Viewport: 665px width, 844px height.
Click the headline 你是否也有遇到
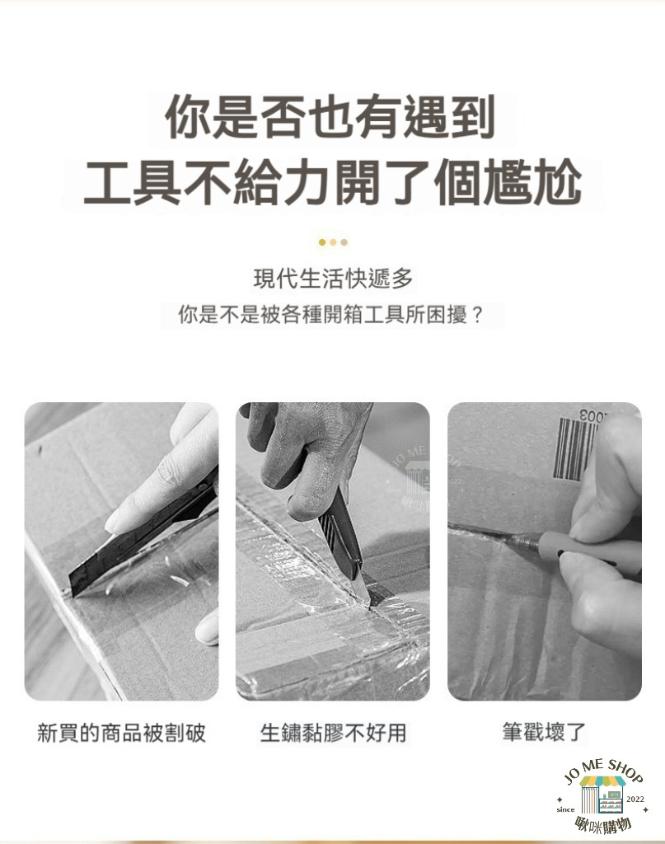coord(330,117)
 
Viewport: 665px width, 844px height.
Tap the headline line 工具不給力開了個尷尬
coord(333,183)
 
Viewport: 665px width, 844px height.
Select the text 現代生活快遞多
coord(333,279)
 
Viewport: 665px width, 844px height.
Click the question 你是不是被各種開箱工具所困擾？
coord(332,315)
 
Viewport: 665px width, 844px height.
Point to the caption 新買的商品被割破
coord(122,733)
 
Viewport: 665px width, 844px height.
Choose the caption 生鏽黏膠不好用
coord(333,733)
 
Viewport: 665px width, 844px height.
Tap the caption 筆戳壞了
coord(544,732)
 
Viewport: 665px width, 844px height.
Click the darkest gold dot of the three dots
coord(321,242)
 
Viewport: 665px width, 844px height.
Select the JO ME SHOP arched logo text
coord(602,771)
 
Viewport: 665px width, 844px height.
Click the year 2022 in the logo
coord(635,799)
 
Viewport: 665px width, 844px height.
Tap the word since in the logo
coord(565,809)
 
